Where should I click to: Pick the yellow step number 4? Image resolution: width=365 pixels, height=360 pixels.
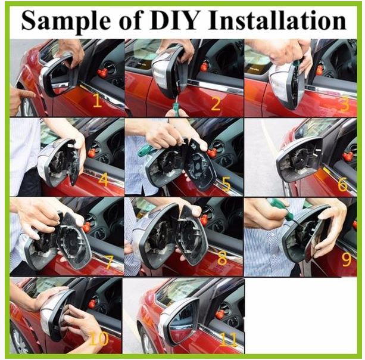103,180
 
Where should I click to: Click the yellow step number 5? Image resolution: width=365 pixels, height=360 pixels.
226,183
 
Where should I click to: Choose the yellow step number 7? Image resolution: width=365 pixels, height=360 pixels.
109,261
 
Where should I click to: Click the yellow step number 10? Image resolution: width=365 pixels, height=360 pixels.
99,339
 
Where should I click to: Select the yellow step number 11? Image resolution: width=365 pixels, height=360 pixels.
228,339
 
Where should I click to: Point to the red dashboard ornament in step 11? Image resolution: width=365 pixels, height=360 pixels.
220,312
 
